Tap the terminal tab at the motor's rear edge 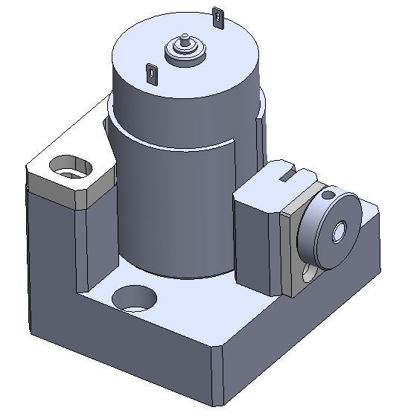point(217,16)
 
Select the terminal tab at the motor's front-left point(151,73)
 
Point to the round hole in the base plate point(135,299)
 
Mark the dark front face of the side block point(257,238)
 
